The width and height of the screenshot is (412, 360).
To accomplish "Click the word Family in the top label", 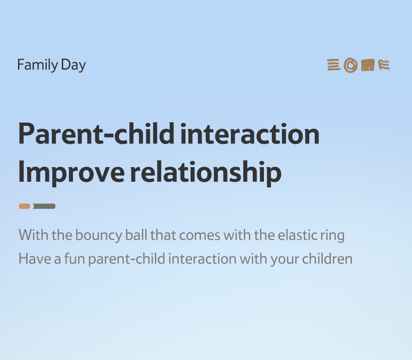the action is (38, 65).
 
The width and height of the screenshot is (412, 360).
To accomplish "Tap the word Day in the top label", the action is (73, 65).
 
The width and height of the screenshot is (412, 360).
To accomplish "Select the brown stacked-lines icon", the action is (334, 65).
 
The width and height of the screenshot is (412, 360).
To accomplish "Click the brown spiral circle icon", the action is (351, 65).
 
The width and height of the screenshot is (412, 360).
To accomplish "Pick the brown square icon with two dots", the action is (368, 65).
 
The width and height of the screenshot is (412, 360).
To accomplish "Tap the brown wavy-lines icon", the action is (384, 65).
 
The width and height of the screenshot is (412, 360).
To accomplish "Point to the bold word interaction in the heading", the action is (250, 134).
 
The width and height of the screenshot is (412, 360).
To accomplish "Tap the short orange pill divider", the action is (24, 206).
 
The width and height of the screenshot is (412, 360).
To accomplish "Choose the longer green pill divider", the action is (44, 206).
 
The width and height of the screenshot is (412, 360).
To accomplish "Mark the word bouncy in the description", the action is (99, 235).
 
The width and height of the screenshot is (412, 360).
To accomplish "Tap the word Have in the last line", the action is (35, 259).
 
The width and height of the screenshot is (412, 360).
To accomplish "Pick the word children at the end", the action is (327, 259).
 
